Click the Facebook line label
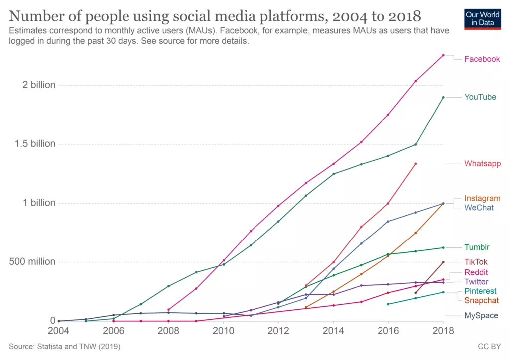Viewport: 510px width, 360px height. tap(482, 59)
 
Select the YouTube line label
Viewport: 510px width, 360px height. tap(480, 97)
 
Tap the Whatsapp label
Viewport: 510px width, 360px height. tap(482, 164)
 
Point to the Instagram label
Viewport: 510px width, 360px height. tap(482, 199)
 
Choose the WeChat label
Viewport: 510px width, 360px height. tap(479, 208)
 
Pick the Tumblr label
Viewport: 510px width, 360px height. tap(477, 247)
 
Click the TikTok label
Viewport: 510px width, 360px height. tap(476, 262)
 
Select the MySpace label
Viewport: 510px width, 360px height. tap(481, 316)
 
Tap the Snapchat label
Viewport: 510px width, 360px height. tap(481, 301)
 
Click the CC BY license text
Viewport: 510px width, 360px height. tap(490, 346)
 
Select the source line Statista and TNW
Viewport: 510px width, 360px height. tap(64, 346)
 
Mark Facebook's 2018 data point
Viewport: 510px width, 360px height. tap(443, 55)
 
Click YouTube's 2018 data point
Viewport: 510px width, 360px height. tap(443, 97)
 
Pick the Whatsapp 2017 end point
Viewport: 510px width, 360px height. tap(415, 164)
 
